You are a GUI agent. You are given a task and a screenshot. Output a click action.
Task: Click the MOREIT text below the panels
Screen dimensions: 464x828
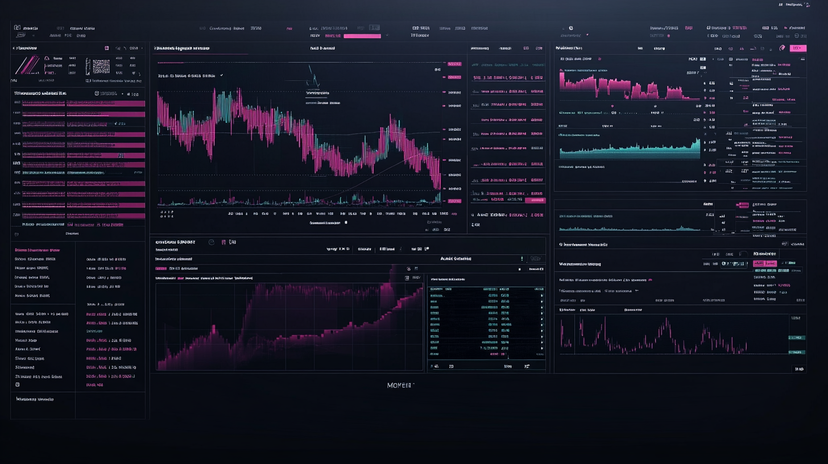[x=400, y=386]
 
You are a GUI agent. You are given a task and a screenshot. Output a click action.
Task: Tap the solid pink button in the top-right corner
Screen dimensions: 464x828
[x=798, y=48]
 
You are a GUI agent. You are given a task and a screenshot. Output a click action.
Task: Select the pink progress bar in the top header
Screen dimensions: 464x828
[x=362, y=36]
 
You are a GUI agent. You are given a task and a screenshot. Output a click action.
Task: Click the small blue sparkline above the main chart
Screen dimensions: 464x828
[x=312, y=77]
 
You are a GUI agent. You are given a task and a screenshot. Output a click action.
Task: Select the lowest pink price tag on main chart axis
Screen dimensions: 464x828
[x=454, y=201]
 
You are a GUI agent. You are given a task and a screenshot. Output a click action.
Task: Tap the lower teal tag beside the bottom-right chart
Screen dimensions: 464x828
[x=797, y=353]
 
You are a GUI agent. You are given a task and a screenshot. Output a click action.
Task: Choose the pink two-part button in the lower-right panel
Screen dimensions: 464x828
[x=764, y=264]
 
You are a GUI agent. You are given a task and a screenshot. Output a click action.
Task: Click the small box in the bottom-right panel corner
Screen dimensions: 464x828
[x=799, y=369]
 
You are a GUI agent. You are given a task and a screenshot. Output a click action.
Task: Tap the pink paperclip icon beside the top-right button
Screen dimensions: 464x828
[x=782, y=48]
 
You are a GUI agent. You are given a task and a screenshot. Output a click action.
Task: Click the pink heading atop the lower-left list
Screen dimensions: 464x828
[x=37, y=250]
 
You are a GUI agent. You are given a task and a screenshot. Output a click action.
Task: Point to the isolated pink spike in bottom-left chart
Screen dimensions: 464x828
[x=213, y=329]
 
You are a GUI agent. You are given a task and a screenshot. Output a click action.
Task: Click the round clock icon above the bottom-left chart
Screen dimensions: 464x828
[x=212, y=242]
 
